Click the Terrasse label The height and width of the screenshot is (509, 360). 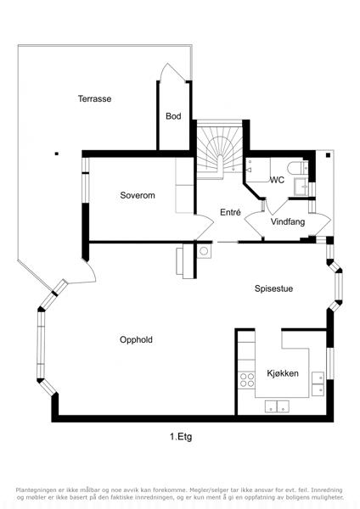[x=94, y=98]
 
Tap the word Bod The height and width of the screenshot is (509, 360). [x=173, y=116]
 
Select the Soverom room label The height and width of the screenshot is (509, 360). [x=138, y=195]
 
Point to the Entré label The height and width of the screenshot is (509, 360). [x=230, y=212]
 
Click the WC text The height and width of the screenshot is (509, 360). [x=277, y=180]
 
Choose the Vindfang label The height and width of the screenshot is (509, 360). [x=288, y=222]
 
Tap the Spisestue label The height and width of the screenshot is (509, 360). [x=273, y=288]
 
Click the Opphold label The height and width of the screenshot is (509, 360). [x=136, y=340]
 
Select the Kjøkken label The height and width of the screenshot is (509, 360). [x=283, y=373]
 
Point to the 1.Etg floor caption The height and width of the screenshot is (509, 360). [x=181, y=437]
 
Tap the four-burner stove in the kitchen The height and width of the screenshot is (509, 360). [x=246, y=380]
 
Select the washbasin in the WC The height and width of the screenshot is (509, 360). [x=302, y=187]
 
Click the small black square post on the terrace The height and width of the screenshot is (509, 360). [x=57, y=154]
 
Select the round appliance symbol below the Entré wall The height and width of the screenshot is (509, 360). [x=204, y=251]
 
